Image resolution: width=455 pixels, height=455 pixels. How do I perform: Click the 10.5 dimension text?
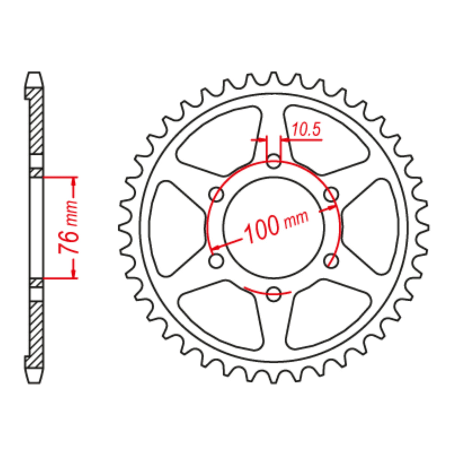pos(306,130)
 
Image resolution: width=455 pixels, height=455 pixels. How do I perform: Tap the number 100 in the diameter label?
pos(262,230)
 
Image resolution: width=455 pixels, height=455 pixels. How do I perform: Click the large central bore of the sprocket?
pos(274,227)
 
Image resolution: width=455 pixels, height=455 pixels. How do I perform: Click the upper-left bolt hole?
pos(217,195)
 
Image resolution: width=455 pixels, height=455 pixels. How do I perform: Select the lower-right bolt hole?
pos(331,260)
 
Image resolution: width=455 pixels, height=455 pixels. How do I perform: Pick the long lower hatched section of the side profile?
pos(36,334)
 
